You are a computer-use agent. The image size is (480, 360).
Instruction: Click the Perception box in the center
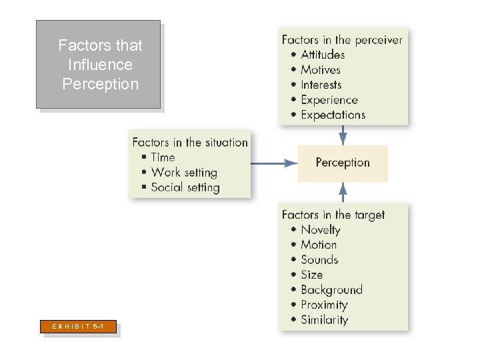pyautogui.click(x=342, y=163)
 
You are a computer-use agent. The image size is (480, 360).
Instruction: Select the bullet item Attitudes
pyautogui.click(x=323, y=55)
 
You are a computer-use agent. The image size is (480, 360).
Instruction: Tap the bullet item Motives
pyautogui.click(x=320, y=70)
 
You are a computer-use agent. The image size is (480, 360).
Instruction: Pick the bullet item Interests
pyautogui.click(x=321, y=85)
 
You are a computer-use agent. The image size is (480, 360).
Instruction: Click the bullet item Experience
pyautogui.click(x=329, y=100)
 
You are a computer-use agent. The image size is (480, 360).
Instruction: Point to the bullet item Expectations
pyautogui.click(x=333, y=115)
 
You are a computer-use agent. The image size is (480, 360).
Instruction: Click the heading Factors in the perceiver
pyautogui.click(x=342, y=40)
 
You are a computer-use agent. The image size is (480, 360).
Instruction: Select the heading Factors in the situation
pyautogui.click(x=190, y=142)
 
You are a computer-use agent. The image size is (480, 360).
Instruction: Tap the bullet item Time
pyautogui.click(x=163, y=157)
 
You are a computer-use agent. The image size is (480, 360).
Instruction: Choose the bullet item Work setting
pyautogui.click(x=184, y=172)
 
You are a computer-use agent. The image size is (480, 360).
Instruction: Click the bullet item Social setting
pyautogui.click(x=185, y=187)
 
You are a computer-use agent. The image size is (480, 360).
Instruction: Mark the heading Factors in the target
pyautogui.click(x=333, y=215)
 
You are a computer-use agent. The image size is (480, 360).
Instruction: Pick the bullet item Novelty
pyautogui.click(x=320, y=230)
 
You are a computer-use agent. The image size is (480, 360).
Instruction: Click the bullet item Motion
pyautogui.click(x=319, y=245)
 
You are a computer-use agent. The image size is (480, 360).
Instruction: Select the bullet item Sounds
pyautogui.click(x=319, y=260)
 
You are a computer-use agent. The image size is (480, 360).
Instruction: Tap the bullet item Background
pyautogui.click(x=331, y=290)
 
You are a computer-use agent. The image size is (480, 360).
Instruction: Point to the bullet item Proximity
pyautogui.click(x=324, y=305)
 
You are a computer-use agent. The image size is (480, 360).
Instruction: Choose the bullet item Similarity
pyautogui.click(x=324, y=320)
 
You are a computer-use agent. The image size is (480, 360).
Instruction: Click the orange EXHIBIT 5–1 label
pyautogui.click(x=79, y=327)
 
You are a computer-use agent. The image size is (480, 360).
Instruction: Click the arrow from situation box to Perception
pyautogui.click(x=274, y=163)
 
